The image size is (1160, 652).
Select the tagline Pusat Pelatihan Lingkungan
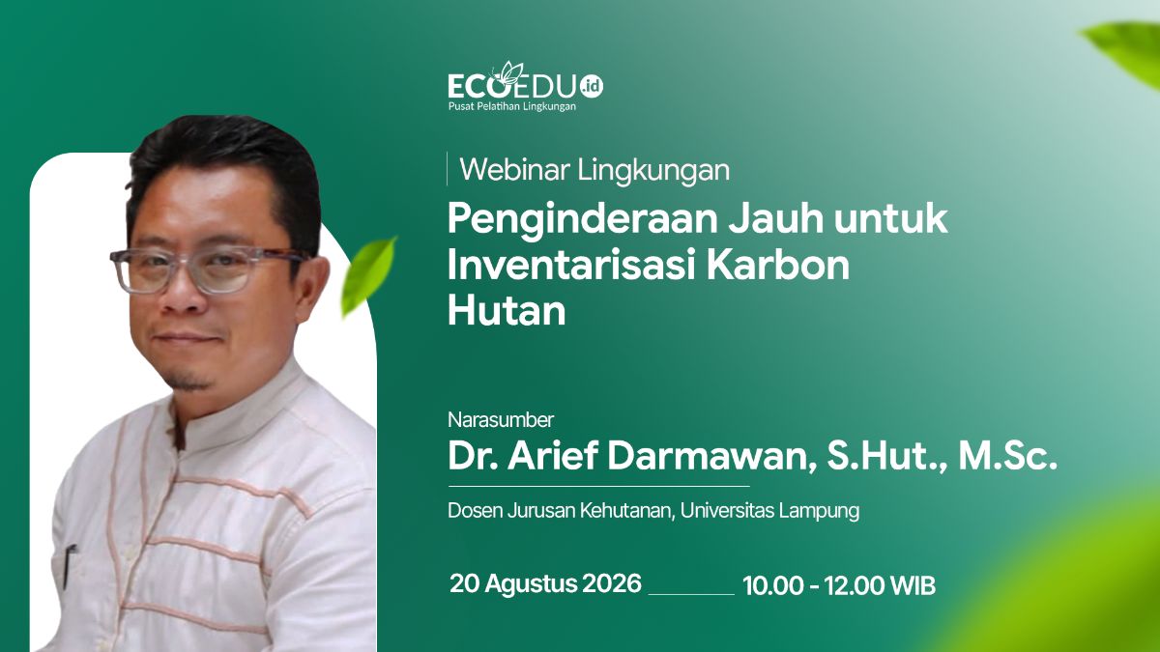tap(511, 106)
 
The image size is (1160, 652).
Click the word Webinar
tap(514, 170)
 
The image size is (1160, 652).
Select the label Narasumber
tap(501, 420)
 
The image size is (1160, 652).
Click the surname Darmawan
tap(710, 456)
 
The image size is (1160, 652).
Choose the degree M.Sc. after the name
tap(1007, 456)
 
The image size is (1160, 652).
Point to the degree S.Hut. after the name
tap(887, 456)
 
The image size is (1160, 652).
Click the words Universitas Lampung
tap(769, 511)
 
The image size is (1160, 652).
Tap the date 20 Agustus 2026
tap(545, 583)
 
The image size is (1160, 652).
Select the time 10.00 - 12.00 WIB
tap(839, 585)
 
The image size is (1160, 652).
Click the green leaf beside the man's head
tap(368, 275)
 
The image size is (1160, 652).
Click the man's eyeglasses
tap(207, 270)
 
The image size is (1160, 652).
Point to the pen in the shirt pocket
tap(69, 567)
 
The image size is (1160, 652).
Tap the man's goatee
tap(190, 382)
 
